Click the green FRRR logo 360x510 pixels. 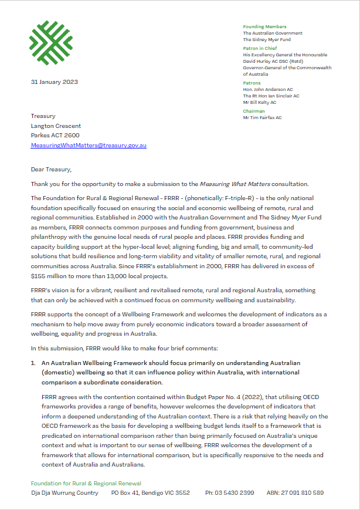51,43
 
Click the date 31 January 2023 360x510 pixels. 55,82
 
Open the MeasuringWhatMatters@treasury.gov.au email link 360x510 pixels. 89,145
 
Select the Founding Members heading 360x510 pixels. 264,26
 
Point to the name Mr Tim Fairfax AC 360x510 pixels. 262,117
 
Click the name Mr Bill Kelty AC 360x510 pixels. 260,102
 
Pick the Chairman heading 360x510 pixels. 254,111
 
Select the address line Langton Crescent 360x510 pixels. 56,126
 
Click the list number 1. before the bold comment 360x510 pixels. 33,364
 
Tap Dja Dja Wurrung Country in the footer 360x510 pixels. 64,493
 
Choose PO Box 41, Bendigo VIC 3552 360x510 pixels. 150,493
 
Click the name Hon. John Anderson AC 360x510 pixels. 269,89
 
